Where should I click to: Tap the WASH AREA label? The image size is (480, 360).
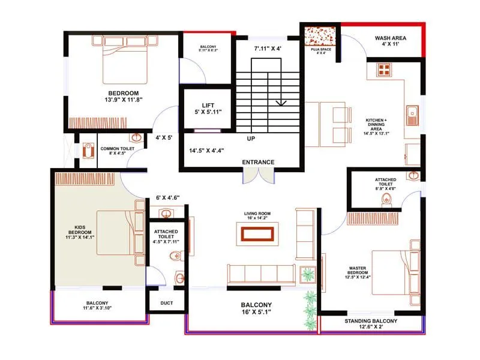[x=391, y=38]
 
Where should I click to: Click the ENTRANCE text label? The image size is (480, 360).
[x=258, y=162]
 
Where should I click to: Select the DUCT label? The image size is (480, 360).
[x=167, y=303]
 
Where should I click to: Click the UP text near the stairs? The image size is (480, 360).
[x=251, y=139]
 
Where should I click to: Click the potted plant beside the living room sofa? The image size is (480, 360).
[x=308, y=274]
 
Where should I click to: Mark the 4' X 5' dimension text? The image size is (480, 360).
[x=164, y=137]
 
